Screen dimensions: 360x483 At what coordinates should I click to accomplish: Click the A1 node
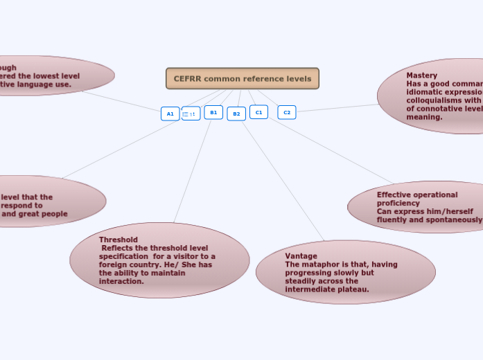click(170, 114)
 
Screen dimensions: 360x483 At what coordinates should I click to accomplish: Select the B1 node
click(213, 112)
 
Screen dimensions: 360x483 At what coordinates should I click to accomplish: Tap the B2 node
click(236, 114)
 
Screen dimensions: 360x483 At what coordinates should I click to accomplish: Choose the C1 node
click(258, 112)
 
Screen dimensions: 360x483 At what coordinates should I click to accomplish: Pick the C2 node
click(287, 112)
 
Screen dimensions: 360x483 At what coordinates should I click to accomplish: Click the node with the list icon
click(191, 114)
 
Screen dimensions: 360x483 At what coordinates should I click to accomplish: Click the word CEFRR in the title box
click(187, 79)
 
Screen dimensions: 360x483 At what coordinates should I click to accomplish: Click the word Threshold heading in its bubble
click(118, 240)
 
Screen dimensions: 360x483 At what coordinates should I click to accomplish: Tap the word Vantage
click(301, 256)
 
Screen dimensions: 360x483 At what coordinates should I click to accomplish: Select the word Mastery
click(421, 75)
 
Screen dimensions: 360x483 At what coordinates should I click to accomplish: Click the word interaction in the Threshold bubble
click(121, 281)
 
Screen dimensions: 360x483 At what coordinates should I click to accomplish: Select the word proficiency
click(398, 204)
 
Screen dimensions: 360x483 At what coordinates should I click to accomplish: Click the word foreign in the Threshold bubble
click(113, 264)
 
